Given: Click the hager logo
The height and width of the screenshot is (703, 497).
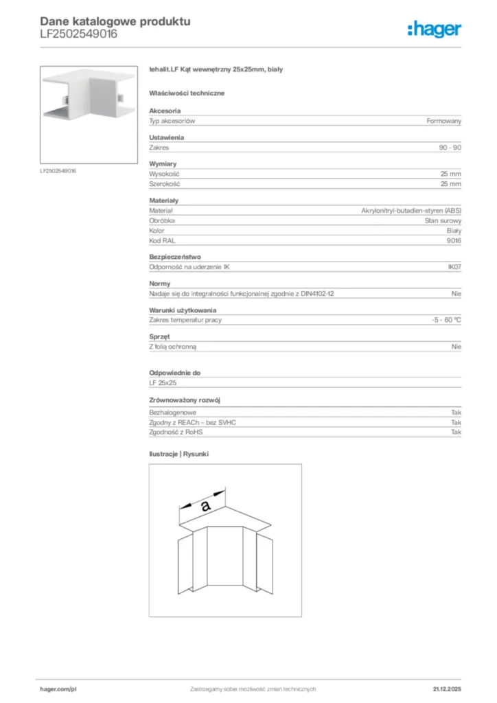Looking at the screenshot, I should click(x=435, y=28).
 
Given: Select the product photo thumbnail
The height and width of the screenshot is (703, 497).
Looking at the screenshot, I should click(x=90, y=114).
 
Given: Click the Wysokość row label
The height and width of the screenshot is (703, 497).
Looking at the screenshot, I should click(x=164, y=174).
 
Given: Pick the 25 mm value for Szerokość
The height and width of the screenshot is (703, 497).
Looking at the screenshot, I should click(x=451, y=184).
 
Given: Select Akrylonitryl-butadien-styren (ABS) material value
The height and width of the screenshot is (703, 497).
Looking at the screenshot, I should click(x=411, y=211).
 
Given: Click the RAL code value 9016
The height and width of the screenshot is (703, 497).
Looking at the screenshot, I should click(x=454, y=241).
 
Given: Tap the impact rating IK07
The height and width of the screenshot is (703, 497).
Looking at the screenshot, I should click(x=454, y=267).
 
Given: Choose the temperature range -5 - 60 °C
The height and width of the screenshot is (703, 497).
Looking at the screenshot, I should click(x=442, y=320).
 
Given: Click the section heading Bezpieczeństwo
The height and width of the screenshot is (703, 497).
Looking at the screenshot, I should click(x=175, y=257).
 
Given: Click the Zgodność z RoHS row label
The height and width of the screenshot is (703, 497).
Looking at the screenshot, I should click(x=176, y=433).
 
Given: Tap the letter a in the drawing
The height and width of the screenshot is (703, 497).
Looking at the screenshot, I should click(x=205, y=507).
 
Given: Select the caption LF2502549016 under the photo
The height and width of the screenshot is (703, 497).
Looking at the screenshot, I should click(x=58, y=171).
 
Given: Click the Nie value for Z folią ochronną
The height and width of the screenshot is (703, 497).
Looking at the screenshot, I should click(x=456, y=347).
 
